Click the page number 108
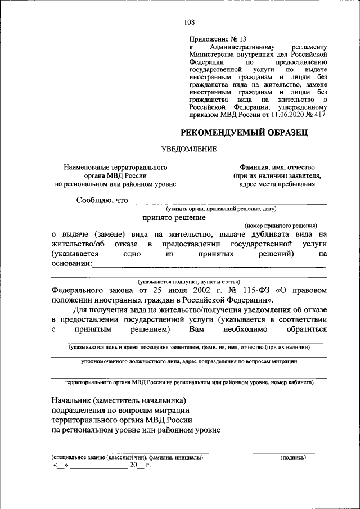click(x=189, y=22)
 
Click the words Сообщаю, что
click(x=102, y=200)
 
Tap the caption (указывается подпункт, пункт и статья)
click(x=189, y=282)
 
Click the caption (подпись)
click(x=293, y=458)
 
